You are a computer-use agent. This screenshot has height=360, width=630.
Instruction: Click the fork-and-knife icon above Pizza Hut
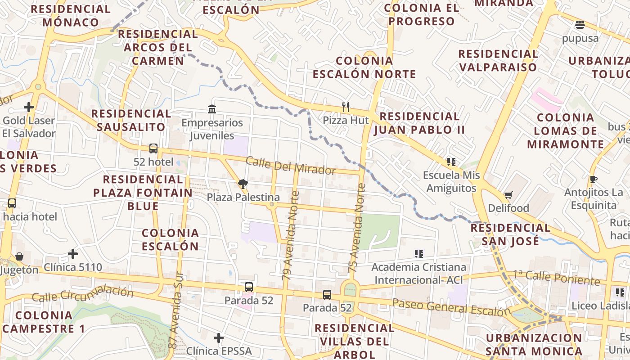(x=346, y=107)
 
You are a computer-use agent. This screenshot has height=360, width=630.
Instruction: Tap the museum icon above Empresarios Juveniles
(x=212, y=109)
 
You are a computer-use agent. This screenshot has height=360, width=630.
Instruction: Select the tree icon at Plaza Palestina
(x=243, y=184)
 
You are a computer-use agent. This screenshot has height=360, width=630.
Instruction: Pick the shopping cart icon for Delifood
(x=508, y=195)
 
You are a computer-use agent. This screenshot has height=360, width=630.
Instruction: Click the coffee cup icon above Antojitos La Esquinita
(x=593, y=180)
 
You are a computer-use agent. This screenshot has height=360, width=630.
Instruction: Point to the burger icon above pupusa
(x=580, y=25)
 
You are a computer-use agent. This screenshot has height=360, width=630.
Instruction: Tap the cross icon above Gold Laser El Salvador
(x=29, y=107)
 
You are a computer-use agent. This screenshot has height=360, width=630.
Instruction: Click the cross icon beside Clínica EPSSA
(x=219, y=338)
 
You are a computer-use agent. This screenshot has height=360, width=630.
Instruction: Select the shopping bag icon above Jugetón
(x=19, y=256)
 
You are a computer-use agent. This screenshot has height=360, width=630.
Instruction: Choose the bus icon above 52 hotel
(x=153, y=148)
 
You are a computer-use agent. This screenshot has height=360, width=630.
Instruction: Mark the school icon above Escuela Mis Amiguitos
(x=451, y=162)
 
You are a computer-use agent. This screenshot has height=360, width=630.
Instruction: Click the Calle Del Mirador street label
(x=291, y=166)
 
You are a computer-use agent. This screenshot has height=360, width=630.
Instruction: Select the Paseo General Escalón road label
(x=451, y=308)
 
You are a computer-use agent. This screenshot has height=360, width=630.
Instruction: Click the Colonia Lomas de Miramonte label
(x=566, y=131)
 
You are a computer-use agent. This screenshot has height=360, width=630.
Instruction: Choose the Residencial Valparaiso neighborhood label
(x=498, y=60)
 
